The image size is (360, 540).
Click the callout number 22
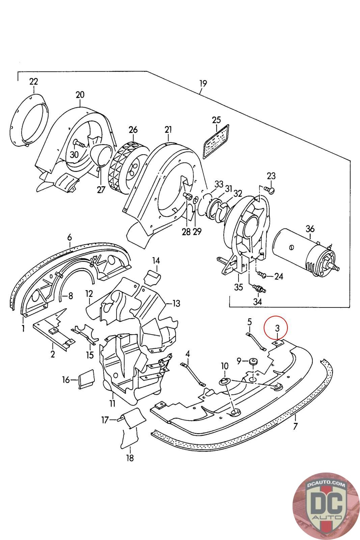(x=34, y=82)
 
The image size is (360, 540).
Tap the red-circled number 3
(x=277, y=328)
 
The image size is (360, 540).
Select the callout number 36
(x=310, y=228)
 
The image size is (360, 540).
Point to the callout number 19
(x=203, y=84)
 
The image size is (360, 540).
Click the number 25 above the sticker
(x=216, y=120)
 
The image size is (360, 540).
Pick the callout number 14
(x=156, y=261)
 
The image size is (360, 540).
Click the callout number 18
(x=130, y=458)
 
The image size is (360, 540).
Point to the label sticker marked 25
(x=216, y=142)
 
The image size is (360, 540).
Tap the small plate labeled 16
(x=86, y=379)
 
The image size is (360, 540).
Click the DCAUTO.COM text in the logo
(x=326, y=484)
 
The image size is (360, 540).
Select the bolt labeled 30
(x=79, y=143)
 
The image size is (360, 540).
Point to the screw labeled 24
(x=262, y=275)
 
